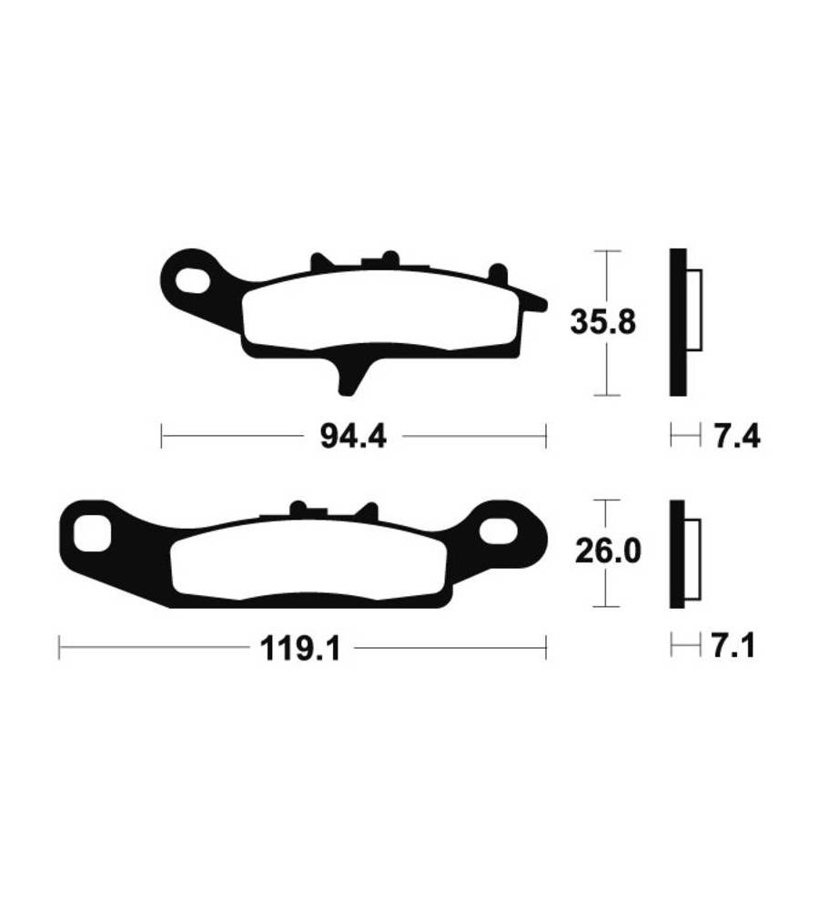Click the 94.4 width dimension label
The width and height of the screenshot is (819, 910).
click(x=353, y=437)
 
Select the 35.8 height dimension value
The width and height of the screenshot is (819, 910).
click(x=603, y=322)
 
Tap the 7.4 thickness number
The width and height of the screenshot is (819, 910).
click(x=736, y=437)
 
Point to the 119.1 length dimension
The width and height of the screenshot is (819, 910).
click(x=300, y=648)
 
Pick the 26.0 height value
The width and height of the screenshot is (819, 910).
click(x=608, y=551)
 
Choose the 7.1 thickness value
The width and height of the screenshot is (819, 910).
click(x=733, y=646)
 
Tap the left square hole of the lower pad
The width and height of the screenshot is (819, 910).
click(x=92, y=532)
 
